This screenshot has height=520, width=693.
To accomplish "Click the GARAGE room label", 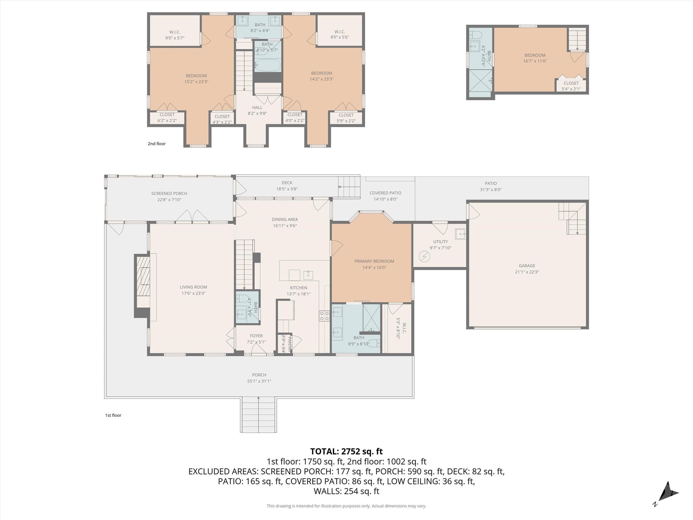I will pos(527,266).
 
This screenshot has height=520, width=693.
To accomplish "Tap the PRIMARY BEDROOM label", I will pos(374,261).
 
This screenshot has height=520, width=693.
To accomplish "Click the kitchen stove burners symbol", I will pos(324,316).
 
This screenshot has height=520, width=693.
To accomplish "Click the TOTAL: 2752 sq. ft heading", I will pos(346,451).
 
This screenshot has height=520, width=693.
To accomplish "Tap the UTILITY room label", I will pos(440,242).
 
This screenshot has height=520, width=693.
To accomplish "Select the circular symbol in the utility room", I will pos(424,257).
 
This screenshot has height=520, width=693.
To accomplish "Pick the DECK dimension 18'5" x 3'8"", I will pos(287,189).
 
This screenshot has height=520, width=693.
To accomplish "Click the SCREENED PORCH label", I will pos(169,194).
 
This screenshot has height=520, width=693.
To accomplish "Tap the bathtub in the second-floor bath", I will pos(267,65).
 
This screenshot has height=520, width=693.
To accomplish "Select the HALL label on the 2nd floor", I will pos(257,108).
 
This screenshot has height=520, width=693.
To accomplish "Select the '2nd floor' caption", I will pos(157,144).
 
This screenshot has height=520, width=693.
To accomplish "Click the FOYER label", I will pos(256,336).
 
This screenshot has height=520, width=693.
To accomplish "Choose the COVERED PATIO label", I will pos(385,193).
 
